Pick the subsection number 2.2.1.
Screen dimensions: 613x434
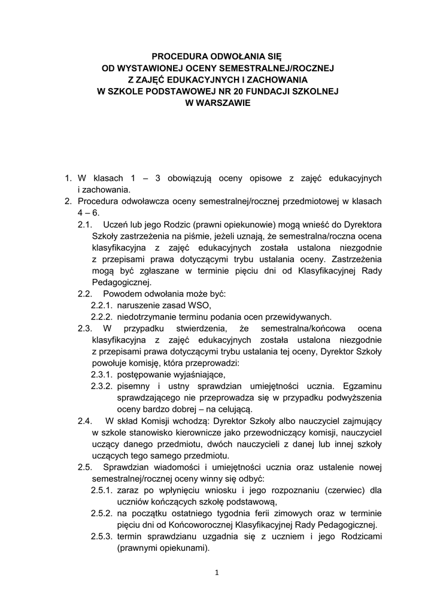[102, 305]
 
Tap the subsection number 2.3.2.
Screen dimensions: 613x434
[102, 386]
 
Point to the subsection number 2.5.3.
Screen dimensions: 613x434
[102, 536]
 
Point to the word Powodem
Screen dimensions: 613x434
[121, 294]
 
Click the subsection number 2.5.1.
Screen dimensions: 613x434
[102, 490]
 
